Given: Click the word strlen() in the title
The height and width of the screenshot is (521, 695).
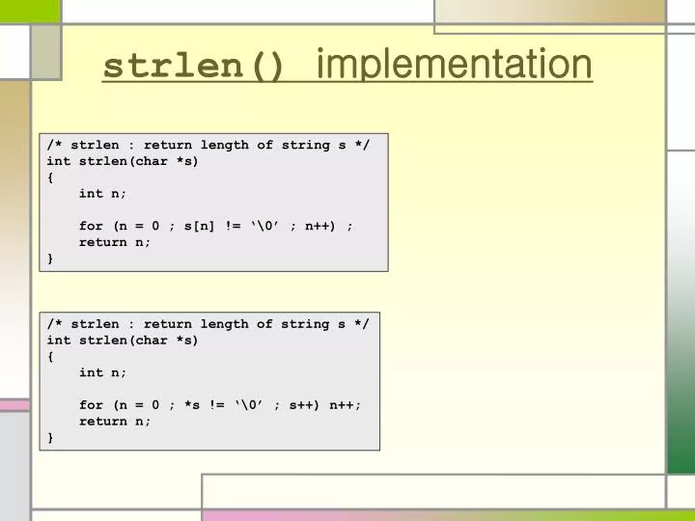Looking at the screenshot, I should point(194,68).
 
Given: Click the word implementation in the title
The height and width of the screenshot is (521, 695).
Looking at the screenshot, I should point(454,66).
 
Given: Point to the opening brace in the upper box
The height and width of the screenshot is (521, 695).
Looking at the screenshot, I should point(50,178).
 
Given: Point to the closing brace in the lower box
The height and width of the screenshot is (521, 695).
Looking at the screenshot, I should point(50,437).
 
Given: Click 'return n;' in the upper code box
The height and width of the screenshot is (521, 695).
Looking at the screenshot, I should point(115,242).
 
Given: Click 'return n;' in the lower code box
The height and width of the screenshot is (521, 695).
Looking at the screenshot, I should point(115,422).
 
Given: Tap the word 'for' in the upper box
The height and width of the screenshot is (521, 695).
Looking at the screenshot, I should point(91,226).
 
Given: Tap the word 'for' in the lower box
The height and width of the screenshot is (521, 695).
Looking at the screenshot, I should point(91,405).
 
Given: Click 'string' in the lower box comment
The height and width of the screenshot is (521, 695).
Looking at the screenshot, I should point(305,324).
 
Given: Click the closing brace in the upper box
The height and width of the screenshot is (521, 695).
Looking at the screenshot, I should point(50,259).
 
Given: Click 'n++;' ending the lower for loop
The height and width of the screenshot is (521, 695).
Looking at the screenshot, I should point(344,405).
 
